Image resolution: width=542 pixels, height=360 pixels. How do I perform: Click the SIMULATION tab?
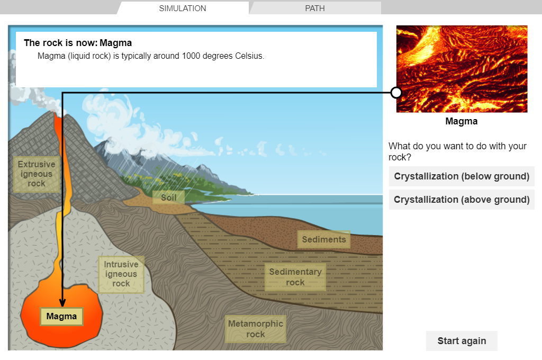(183, 8)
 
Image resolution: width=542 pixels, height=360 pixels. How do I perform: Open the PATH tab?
(315, 8)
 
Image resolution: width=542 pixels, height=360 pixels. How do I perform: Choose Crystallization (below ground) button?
(462, 176)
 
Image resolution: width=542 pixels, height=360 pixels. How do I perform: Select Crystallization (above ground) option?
(462, 200)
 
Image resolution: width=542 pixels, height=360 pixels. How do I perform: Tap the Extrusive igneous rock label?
(37, 174)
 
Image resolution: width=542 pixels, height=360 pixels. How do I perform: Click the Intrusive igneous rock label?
(121, 274)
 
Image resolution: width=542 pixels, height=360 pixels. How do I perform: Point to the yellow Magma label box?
(61, 317)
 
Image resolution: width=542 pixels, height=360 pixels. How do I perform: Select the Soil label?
(169, 197)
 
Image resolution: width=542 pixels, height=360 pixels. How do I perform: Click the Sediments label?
(324, 239)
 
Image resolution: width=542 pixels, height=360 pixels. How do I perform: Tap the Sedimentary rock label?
(295, 277)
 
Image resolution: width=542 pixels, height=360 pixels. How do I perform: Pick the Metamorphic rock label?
(256, 329)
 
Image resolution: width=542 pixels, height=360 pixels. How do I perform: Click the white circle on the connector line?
(396, 93)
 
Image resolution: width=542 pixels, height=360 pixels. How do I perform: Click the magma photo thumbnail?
(462, 69)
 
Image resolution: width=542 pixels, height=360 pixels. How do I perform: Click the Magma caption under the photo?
(462, 121)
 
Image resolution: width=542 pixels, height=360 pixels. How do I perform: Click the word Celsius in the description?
(249, 56)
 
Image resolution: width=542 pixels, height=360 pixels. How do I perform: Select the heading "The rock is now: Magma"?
(78, 43)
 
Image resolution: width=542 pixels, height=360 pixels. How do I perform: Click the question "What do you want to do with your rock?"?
(457, 151)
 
